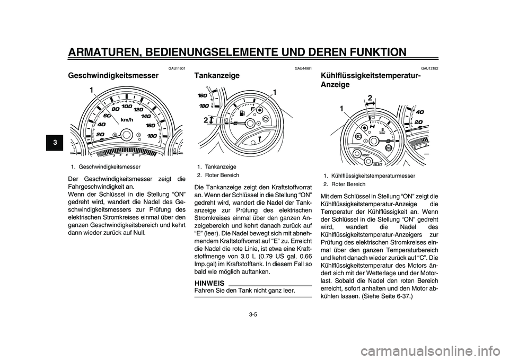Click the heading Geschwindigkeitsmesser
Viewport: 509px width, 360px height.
pos(113,76)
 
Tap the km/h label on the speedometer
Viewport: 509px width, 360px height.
pos(126,120)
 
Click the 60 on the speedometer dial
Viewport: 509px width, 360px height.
pos(108,116)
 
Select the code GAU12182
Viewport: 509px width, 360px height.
pos(430,69)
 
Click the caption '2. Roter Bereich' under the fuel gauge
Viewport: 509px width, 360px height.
pos(217,174)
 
